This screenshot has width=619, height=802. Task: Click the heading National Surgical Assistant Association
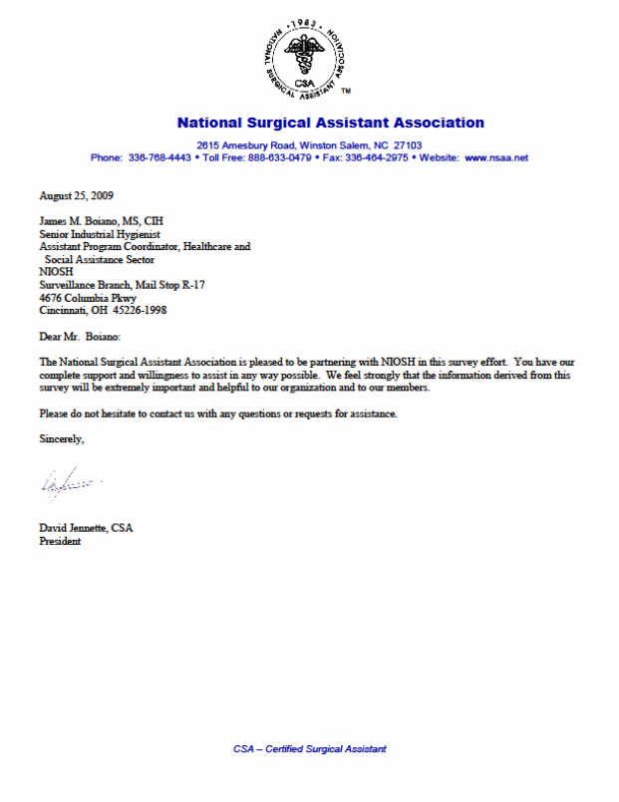pyautogui.click(x=330, y=124)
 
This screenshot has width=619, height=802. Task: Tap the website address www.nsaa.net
pyautogui.click(x=496, y=158)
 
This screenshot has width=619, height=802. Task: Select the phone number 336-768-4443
pyautogui.click(x=159, y=158)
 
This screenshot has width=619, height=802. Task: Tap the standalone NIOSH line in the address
pyautogui.click(x=55, y=271)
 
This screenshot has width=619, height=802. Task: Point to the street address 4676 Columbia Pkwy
pyautogui.click(x=88, y=297)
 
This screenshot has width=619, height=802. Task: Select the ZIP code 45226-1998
pyautogui.click(x=139, y=310)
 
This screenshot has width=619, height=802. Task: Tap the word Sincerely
pyautogui.click(x=62, y=438)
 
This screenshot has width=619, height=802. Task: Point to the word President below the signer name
pyautogui.click(x=60, y=542)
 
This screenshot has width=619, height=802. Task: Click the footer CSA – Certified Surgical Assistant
pyautogui.click(x=309, y=749)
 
